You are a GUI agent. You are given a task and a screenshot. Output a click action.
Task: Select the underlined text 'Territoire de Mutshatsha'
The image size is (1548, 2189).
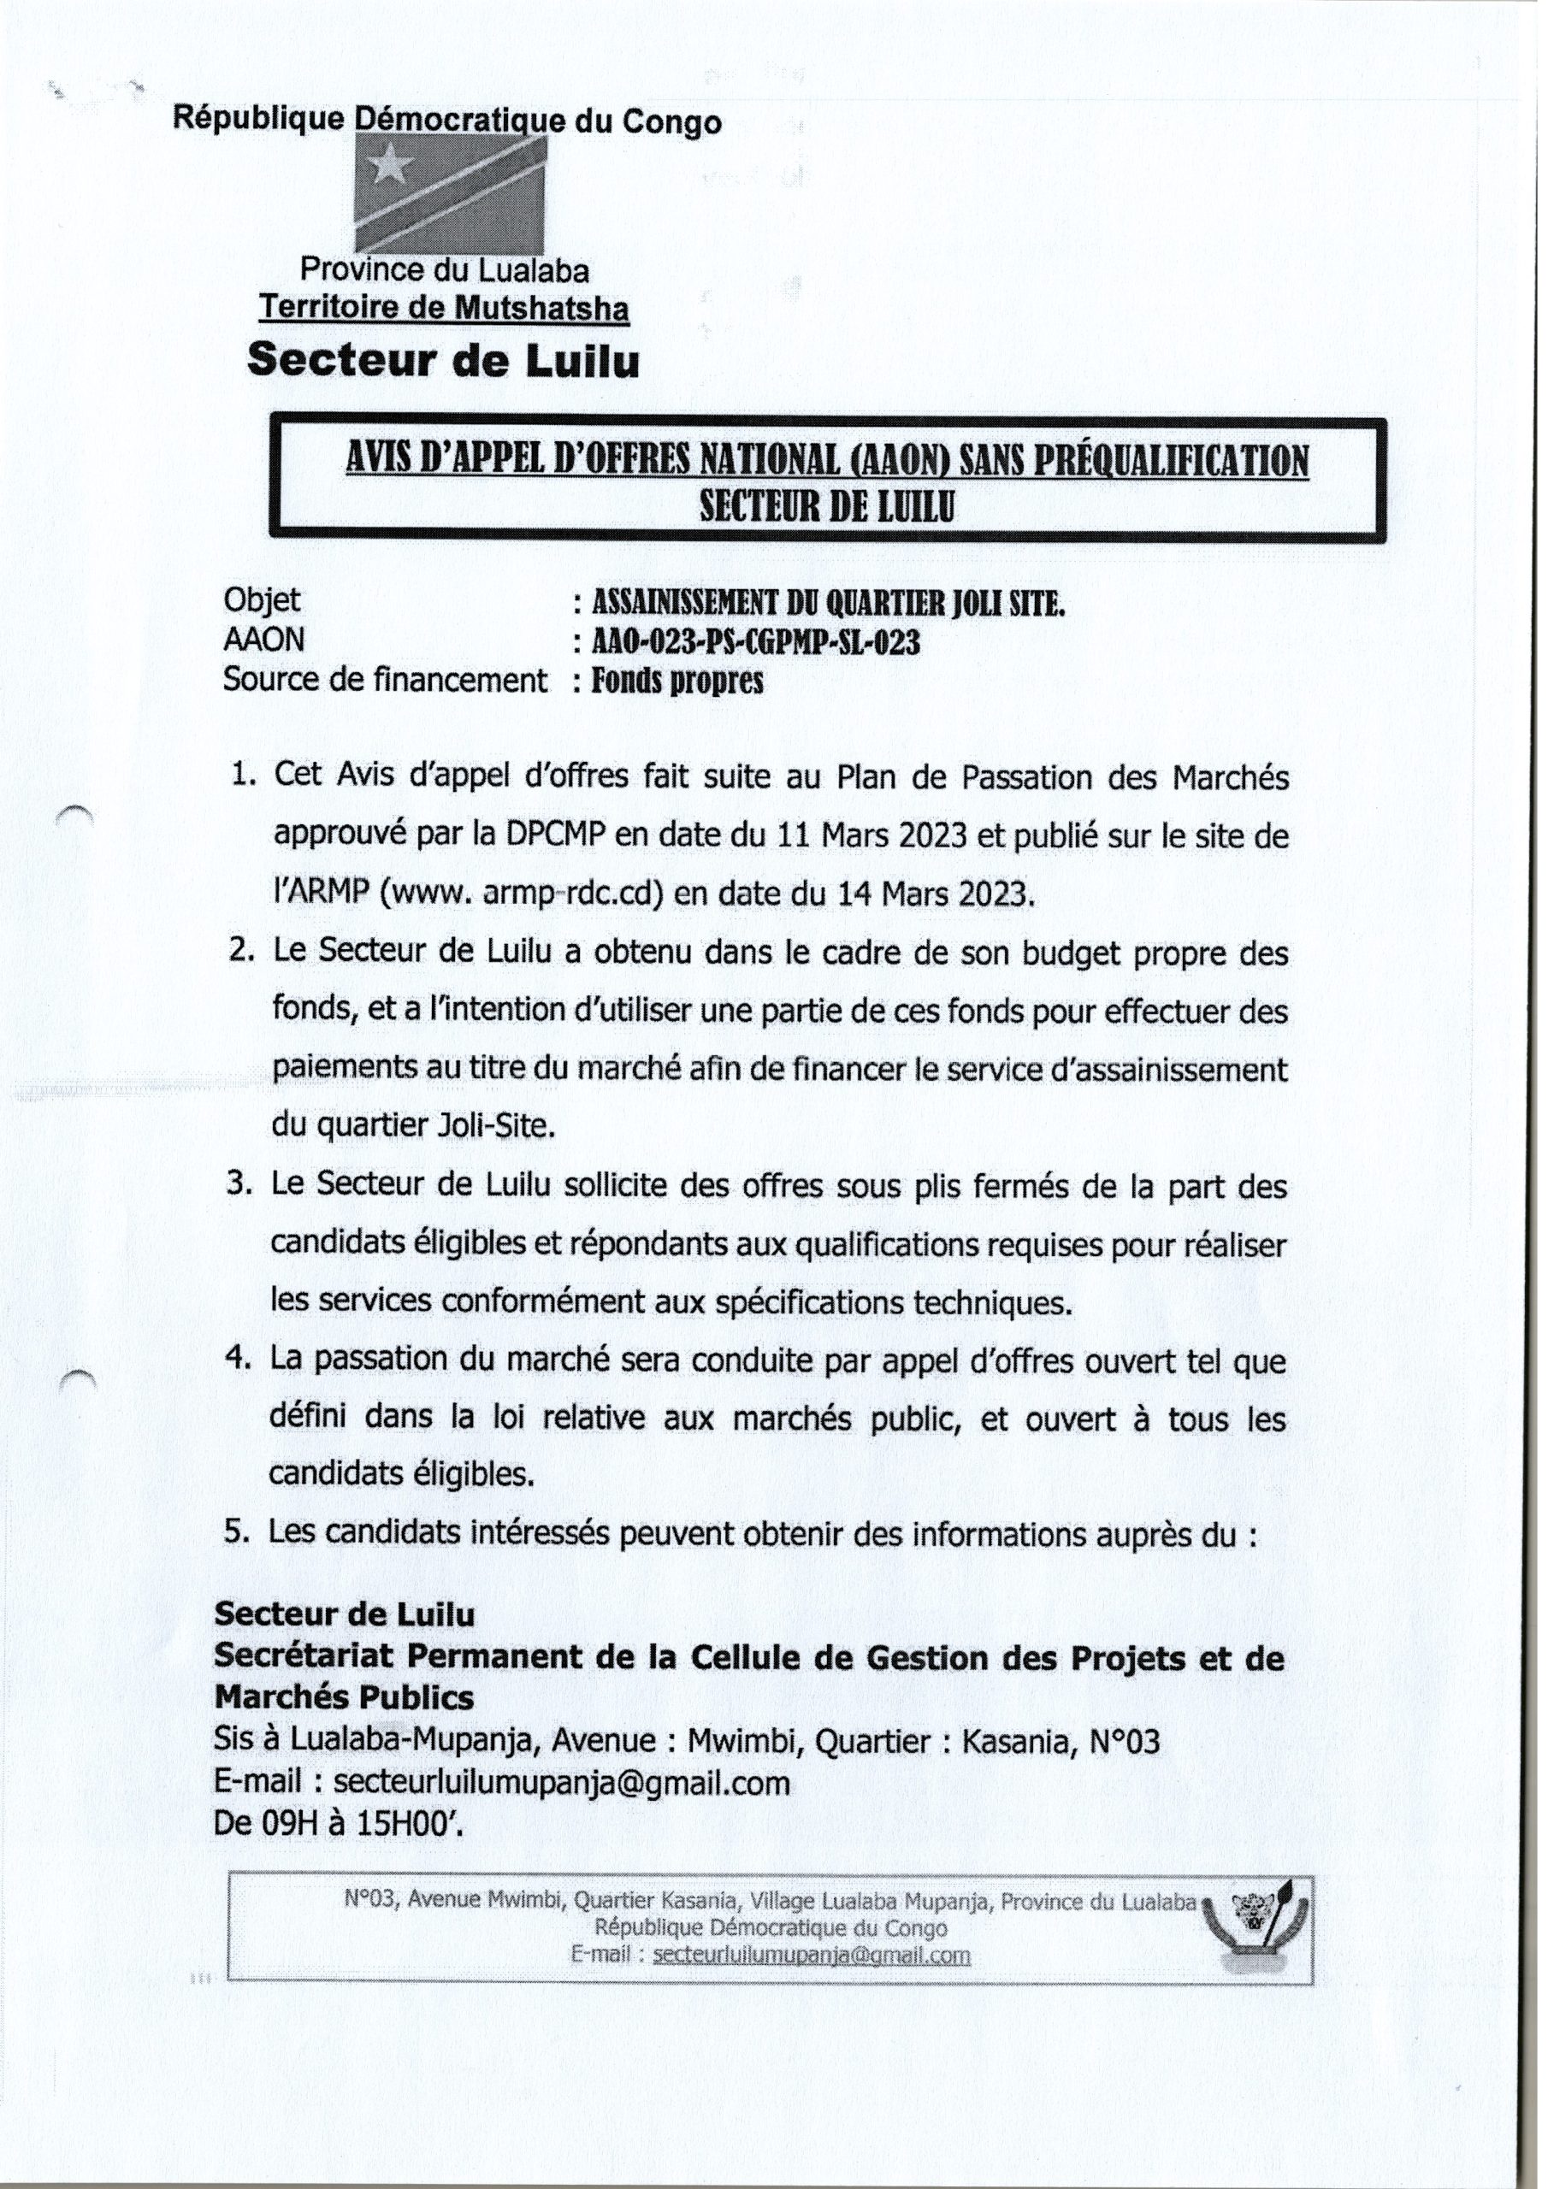pos(445,308)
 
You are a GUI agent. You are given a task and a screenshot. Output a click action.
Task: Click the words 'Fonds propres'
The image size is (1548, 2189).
pos(677,681)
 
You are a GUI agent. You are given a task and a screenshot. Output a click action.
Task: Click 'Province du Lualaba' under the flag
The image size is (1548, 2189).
pos(445,271)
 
